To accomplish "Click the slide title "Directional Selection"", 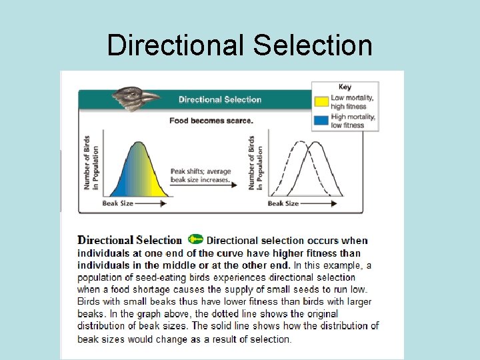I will click(239, 45).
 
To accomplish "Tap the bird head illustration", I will click(135, 98).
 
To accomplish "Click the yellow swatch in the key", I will click(321, 102).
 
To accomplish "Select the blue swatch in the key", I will click(321, 121).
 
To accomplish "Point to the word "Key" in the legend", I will click(345, 87).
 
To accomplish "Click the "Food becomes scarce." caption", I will click(211, 121).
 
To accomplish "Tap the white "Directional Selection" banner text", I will click(220, 100).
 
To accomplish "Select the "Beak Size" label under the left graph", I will click(118, 203).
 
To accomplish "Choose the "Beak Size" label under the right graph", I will click(283, 203).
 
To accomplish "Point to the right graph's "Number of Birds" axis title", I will click(255, 163).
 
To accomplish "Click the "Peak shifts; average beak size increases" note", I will click(200, 175).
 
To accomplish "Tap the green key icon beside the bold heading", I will click(195, 239).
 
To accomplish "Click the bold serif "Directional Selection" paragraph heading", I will click(129, 240).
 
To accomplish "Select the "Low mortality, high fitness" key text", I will click(352, 102).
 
